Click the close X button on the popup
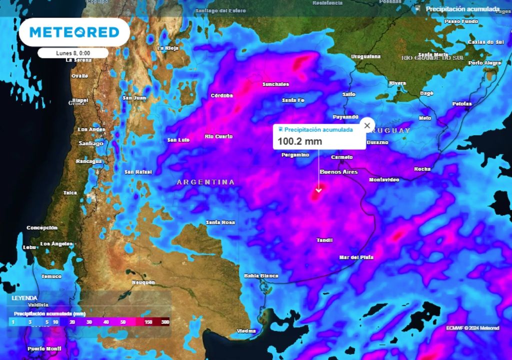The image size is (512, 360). pos(367,125)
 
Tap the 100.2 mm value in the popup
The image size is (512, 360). pos(300,141)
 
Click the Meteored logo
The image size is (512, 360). pos(74,32)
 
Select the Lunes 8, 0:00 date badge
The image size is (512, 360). pos(73,53)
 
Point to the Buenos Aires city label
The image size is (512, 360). pos(338,172)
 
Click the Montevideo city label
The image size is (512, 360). pos(384,179)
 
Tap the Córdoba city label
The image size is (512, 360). pos(222,95)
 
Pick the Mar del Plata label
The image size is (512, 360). pos(356,257)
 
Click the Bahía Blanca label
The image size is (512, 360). pos(260,275)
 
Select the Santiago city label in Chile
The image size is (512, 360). pos(90,143)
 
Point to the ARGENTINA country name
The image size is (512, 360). pos(205,182)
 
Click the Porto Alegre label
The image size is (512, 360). pos(485,63)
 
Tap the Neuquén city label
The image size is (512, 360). pos(143,282)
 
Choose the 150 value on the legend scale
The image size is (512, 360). pos(148,322)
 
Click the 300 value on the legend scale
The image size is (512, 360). pos(165,322)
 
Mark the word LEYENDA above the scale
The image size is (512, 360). pos(24,297)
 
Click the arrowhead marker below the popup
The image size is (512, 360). pos(318,190)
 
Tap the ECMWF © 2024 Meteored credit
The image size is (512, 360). pos(472,328)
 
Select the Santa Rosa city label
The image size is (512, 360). pos(220,222)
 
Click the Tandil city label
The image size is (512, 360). pos(324,240)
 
